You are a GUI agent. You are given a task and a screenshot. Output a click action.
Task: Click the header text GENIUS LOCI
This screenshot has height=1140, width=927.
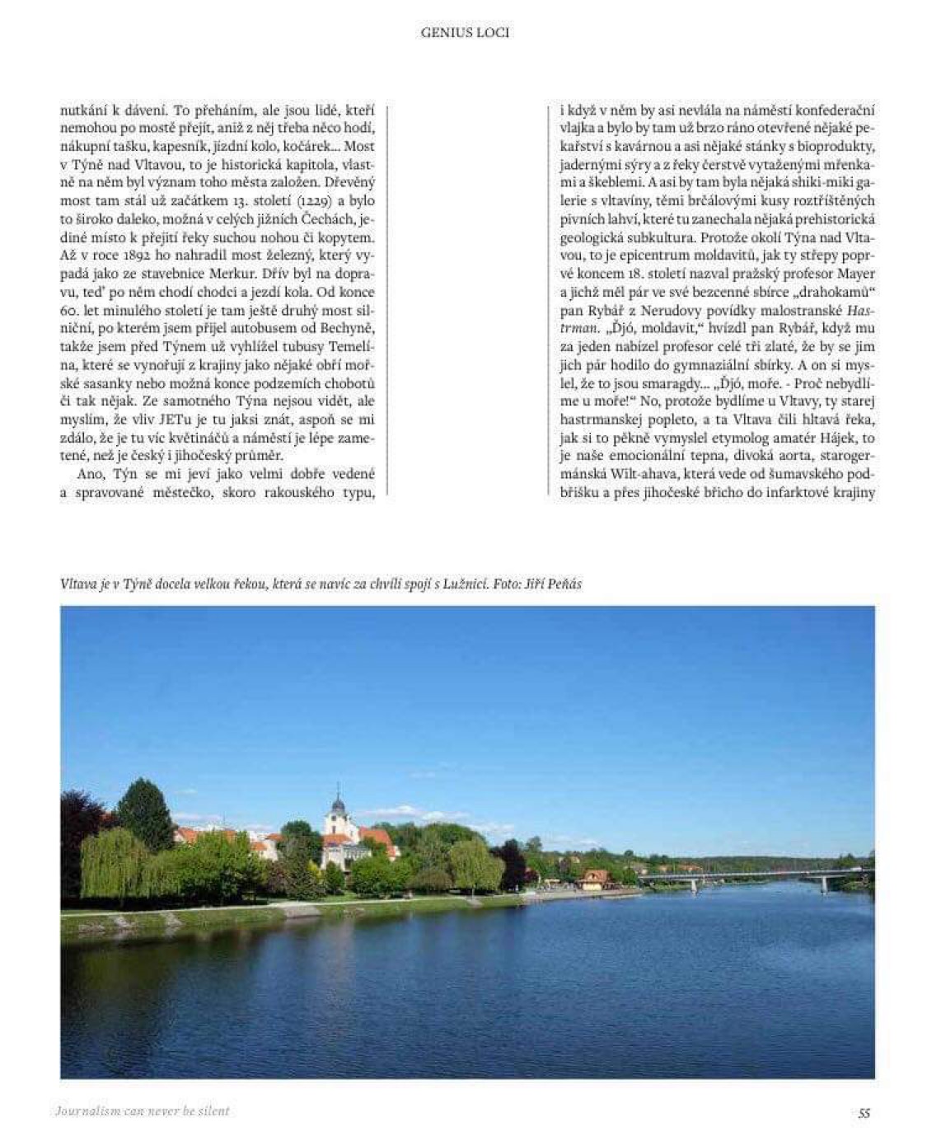(x=465, y=33)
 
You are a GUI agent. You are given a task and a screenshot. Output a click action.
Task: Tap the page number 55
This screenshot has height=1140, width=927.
(x=864, y=1112)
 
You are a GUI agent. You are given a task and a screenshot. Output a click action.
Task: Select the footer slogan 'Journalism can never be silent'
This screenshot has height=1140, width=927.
(x=143, y=1111)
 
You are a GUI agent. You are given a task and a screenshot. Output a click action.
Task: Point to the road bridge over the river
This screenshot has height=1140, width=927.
(x=742, y=876)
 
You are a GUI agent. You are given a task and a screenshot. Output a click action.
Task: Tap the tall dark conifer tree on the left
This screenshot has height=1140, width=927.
(x=146, y=816)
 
